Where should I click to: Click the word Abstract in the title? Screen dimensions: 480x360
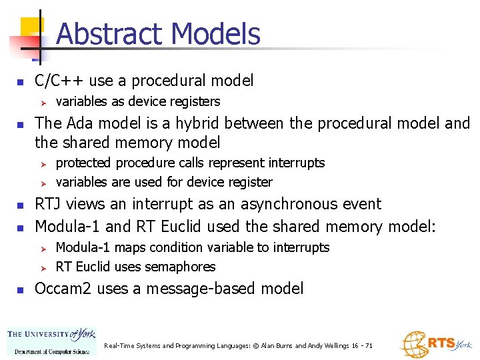pos(109,34)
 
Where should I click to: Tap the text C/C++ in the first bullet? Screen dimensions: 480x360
pos(59,81)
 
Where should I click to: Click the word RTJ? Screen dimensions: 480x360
pos(49,204)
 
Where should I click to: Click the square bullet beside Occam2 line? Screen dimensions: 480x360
pos(21,289)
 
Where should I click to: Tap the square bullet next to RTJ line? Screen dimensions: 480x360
pos(21,205)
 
